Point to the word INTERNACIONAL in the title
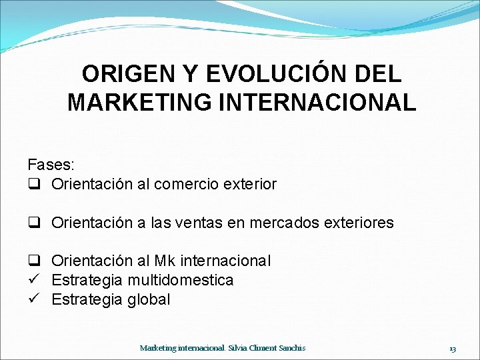pyautogui.click(x=317, y=103)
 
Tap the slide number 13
pyautogui.click(x=453, y=348)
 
